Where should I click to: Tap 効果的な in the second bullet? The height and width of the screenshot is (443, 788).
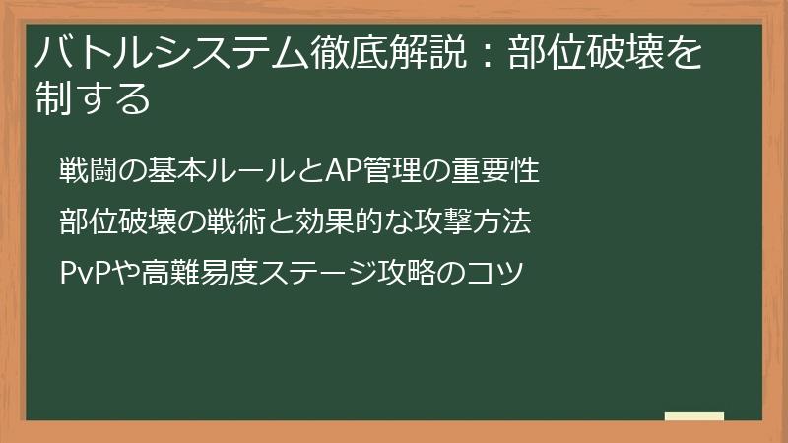350,221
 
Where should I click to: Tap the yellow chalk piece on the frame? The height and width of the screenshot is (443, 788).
694,416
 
